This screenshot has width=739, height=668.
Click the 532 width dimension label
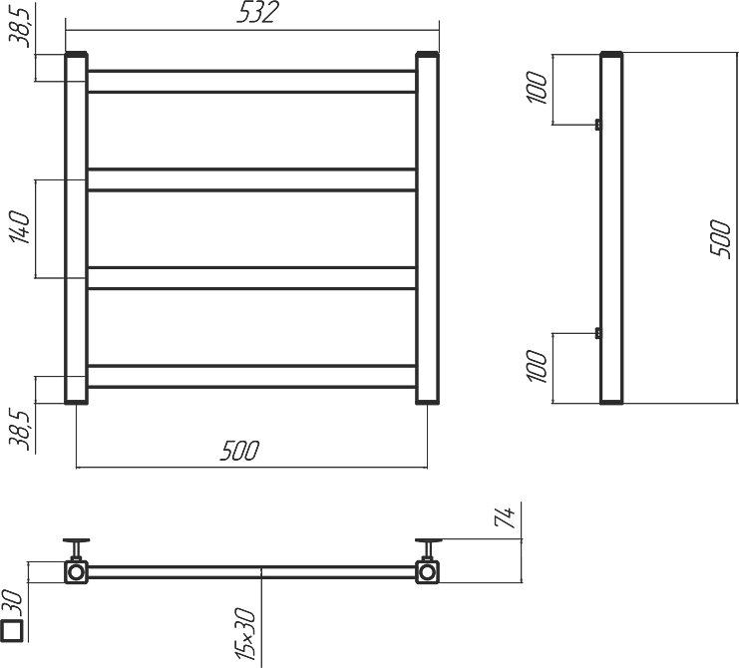tap(257, 13)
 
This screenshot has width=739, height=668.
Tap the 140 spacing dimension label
tap(20, 227)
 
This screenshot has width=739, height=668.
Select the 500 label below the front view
tap(239, 451)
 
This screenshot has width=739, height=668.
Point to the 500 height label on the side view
tap(720, 239)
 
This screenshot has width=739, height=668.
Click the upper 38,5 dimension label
tap(20, 25)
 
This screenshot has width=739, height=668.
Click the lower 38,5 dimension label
tap(20, 429)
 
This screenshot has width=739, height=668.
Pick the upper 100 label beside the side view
tap(537, 87)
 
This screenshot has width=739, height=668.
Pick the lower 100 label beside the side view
tap(537, 366)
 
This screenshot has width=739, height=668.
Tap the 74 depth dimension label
tap(505, 517)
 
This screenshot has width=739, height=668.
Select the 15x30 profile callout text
tap(244, 634)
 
